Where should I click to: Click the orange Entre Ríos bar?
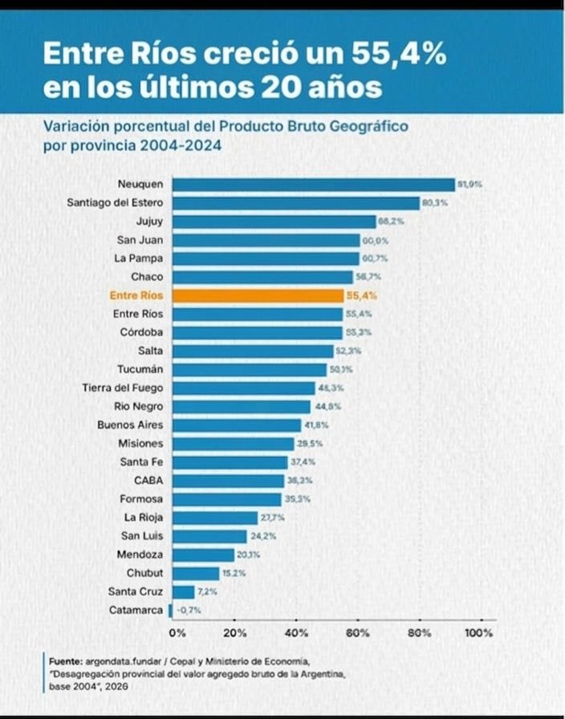point(258,295)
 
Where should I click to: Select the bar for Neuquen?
point(313,185)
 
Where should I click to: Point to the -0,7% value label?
point(188,611)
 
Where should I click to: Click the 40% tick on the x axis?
point(296,632)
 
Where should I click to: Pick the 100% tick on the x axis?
point(479,632)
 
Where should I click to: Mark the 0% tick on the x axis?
point(177,632)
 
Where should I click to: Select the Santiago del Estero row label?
point(115,203)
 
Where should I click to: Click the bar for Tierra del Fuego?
point(243,388)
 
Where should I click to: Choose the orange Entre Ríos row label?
point(136,295)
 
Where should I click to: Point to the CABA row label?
point(148,480)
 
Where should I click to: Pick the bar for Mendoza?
point(203,554)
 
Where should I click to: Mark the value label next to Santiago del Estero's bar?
point(436,203)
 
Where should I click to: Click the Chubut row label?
point(144,573)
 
